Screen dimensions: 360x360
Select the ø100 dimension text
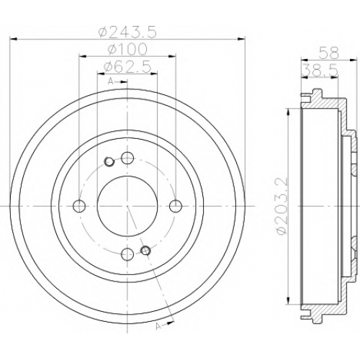tap(127, 50)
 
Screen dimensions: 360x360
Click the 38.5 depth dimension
tap(320, 71)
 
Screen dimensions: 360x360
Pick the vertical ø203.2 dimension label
tap(282, 207)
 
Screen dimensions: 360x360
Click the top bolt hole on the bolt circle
tap(127, 158)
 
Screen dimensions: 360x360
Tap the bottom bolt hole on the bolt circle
tap(127, 255)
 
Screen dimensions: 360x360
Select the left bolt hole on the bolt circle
tap(79, 206)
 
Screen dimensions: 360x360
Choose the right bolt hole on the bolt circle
tap(176, 206)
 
